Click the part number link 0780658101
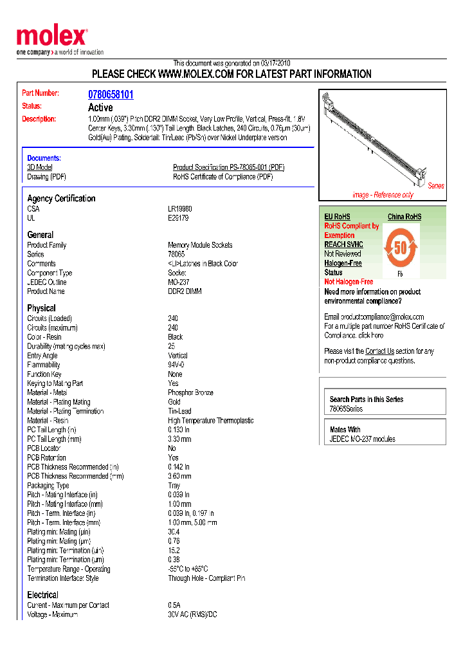pos(111,95)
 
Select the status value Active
pos(100,107)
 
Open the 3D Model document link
pos(39,167)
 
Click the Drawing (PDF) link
pos(46,177)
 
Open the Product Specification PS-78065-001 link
pos(228,167)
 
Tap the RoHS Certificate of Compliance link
pos(222,177)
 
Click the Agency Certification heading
pos(61,199)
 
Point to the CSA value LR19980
pos(180,209)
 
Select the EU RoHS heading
pos(337,217)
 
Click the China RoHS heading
pos(404,217)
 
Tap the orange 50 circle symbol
pos(401,248)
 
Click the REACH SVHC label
pos(343,244)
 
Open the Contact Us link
pos(379,351)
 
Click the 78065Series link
pos(346,409)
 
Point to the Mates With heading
pos(345,429)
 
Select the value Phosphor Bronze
pos(190,392)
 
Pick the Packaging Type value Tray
pos(174,486)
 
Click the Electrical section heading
pos(42,595)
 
